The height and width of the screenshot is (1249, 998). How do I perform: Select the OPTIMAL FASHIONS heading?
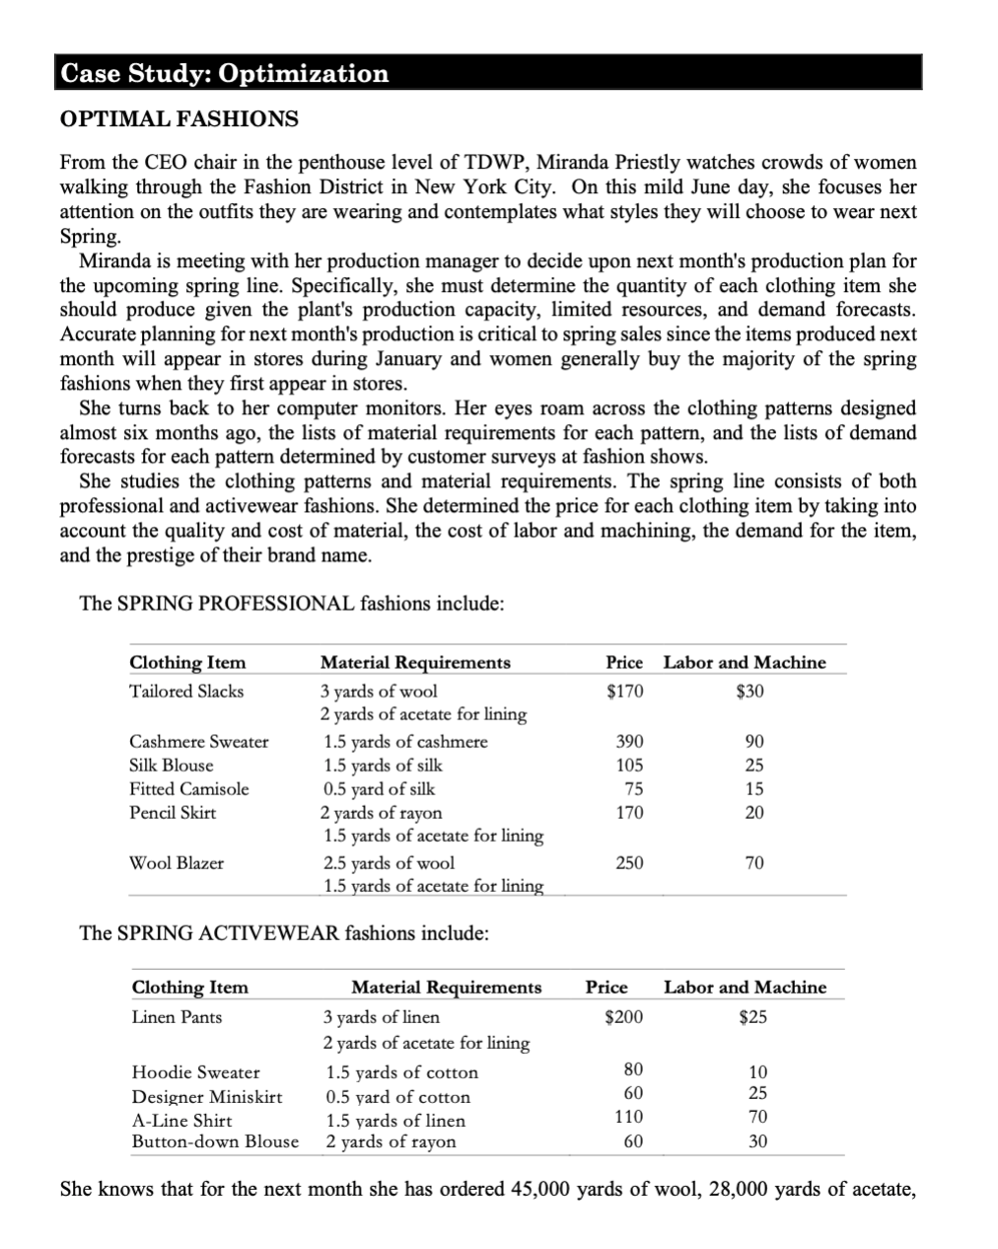point(179,119)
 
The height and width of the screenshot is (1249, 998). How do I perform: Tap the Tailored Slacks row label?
point(186,691)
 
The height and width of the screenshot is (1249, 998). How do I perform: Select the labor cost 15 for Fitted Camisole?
point(753,789)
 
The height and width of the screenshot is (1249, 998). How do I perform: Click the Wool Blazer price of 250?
point(629,863)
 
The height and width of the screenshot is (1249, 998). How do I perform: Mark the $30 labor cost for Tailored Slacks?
point(749,691)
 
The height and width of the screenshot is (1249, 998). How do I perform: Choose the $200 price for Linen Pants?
point(622,1017)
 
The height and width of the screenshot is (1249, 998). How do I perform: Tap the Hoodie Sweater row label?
point(196,1072)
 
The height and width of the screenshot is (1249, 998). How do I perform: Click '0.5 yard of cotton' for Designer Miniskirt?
point(398,1097)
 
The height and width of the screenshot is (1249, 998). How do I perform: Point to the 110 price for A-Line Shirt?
point(628,1117)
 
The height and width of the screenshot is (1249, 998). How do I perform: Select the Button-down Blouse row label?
point(215,1141)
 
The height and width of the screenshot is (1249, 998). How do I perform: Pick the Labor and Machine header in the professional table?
point(745,663)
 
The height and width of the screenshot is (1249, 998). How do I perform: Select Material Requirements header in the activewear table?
point(447,988)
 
